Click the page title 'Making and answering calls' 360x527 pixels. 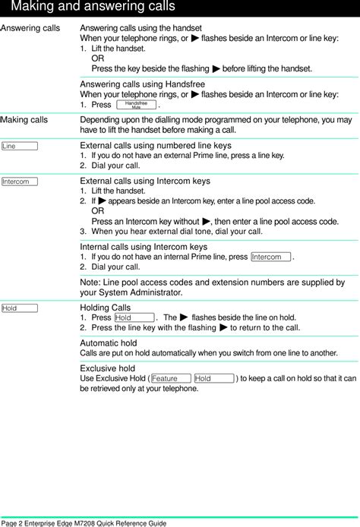point(93,8)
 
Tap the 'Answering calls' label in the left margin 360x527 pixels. point(30,27)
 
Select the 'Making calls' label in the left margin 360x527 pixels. point(25,120)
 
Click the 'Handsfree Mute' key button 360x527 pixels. point(136,105)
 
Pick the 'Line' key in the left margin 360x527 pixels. point(21,145)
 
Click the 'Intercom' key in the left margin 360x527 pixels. point(21,181)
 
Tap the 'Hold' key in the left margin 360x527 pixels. point(21,308)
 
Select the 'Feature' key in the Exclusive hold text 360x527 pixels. point(170,378)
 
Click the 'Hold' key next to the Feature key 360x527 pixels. point(213,378)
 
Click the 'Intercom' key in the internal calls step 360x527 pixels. point(270,257)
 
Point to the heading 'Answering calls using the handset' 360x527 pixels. point(141,27)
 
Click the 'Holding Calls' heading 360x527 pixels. point(105,308)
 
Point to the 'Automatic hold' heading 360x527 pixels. point(109,343)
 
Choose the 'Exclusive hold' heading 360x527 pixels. point(108,368)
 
